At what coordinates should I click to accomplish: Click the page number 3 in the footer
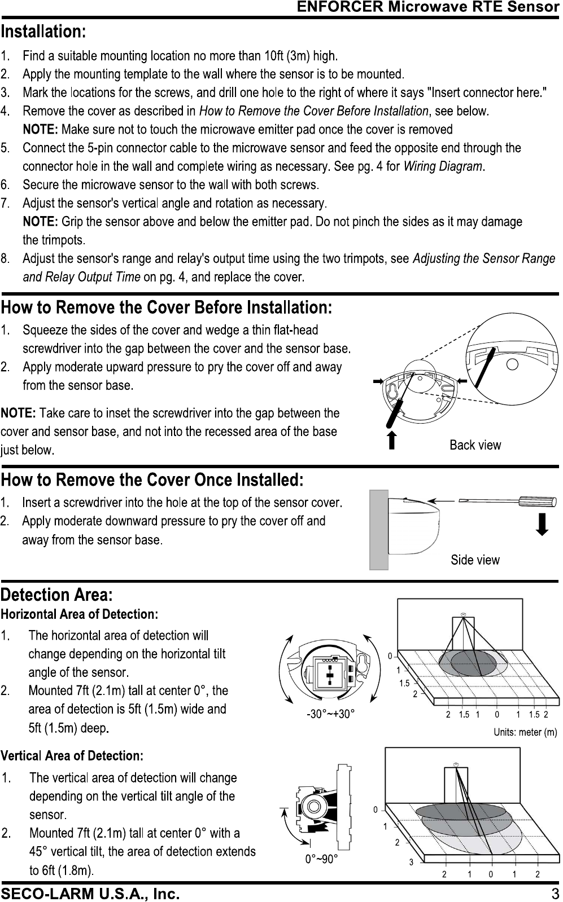[x=555, y=894]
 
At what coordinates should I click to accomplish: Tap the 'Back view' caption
[x=475, y=445]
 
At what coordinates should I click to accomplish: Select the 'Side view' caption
[x=475, y=560]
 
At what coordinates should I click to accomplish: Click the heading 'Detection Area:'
[x=57, y=595]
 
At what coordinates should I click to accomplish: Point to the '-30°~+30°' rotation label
[x=330, y=714]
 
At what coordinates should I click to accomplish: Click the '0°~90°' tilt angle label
[x=321, y=859]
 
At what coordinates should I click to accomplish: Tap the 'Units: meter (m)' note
[x=525, y=733]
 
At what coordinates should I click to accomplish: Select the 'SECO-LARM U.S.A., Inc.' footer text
[x=90, y=894]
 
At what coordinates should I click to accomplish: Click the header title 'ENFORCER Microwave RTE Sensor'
[x=427, y=7]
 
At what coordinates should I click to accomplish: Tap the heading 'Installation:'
[x=43, y=31]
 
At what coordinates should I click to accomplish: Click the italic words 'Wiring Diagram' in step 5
[x=443, y=166]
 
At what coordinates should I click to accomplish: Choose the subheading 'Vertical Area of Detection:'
[x=72, y=756]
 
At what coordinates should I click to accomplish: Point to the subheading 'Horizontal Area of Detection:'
[x=79, y=614]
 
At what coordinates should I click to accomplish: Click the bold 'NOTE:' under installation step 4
[x=40, y=130]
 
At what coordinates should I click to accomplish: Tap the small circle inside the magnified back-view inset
[x=512, y=363]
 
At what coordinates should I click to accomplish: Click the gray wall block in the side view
[x=378, y=530]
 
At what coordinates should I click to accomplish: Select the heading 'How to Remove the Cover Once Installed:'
[x=152, y=480]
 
